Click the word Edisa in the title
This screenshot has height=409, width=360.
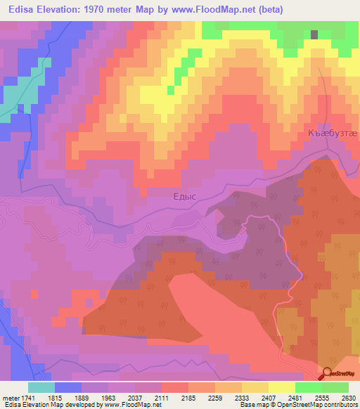pyautogui.click(x=22, y=9)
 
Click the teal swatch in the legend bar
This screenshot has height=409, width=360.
pyautogui.click(x=41, y=387)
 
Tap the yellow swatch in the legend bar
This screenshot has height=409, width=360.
pyautogui.click(x=281, y=387)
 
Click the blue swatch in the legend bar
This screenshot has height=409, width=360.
pyautogui.click(x=68, y=387)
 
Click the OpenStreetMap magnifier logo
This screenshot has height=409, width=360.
pyautogui.click(x=328, y=374)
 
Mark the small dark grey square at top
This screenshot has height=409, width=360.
pyautogui.click(x=314, y=34)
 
